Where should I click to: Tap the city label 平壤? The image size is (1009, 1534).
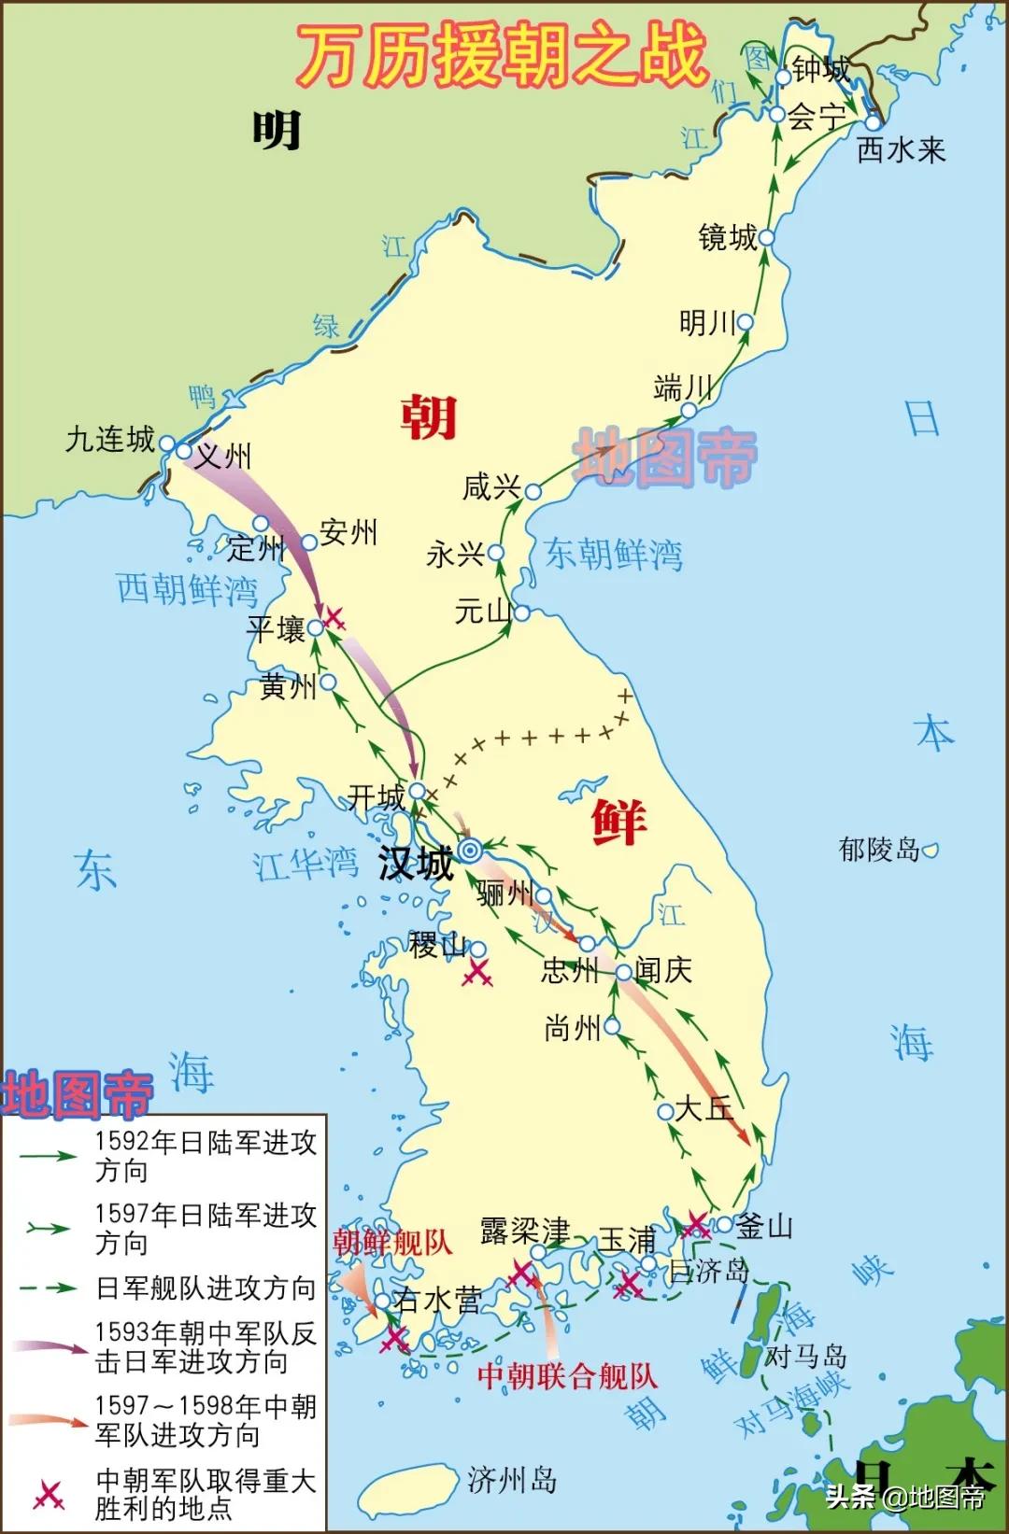click(277, 628)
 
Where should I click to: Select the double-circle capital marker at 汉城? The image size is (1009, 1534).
click(471, 850)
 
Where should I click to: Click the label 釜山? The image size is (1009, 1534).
click(765, 1226)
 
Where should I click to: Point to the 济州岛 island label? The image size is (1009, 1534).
click(512, 1479)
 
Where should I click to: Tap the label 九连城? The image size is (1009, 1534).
click(110, 440)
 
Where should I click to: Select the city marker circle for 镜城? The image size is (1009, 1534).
click(766, 237)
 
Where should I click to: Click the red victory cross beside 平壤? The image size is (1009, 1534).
click(334, 617)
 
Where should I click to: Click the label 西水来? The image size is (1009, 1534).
click(902, 149)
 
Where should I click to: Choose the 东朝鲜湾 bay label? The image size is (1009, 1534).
click(614, 555)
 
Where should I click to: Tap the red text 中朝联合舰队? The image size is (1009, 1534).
click(567, 1376)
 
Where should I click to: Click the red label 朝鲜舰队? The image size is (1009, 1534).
click(392, 1243)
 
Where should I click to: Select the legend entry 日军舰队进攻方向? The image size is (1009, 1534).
click(206, 1288)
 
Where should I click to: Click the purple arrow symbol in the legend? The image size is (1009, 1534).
click(49, 1347)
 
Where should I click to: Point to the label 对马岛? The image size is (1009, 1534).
click(805, 1356)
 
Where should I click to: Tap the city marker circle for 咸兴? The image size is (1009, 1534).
click(533, 491)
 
